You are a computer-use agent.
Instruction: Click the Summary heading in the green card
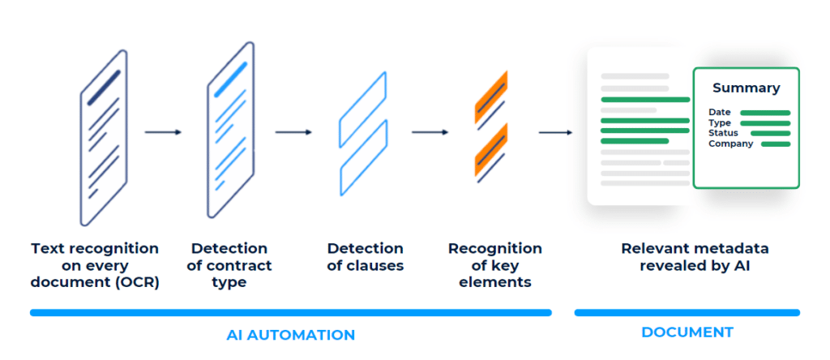point(746,88)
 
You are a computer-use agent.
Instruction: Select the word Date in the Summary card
point(720,112)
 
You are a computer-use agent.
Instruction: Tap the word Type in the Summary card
point(720,122)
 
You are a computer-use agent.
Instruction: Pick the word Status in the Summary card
point(724,133)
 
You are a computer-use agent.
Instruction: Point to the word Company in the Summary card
point(730,144)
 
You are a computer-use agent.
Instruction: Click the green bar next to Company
point(776,144)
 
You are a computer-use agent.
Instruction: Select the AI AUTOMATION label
point(291,335)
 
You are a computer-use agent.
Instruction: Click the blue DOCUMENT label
point(687,332)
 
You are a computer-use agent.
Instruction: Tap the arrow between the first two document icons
point(163,132)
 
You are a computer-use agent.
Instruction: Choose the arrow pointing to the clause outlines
point(293,132)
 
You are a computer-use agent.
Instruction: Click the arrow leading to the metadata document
point(556,132)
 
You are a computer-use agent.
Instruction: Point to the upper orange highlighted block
point(491,96)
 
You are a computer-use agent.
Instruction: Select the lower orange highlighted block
point(491,149)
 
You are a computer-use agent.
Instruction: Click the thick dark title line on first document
point(104,88)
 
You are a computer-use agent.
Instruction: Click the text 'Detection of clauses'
point(366,257)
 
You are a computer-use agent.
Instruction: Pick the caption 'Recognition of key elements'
point(495,265)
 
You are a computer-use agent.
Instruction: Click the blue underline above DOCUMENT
point(687,313)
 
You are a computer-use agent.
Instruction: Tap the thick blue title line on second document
point(231,79)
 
